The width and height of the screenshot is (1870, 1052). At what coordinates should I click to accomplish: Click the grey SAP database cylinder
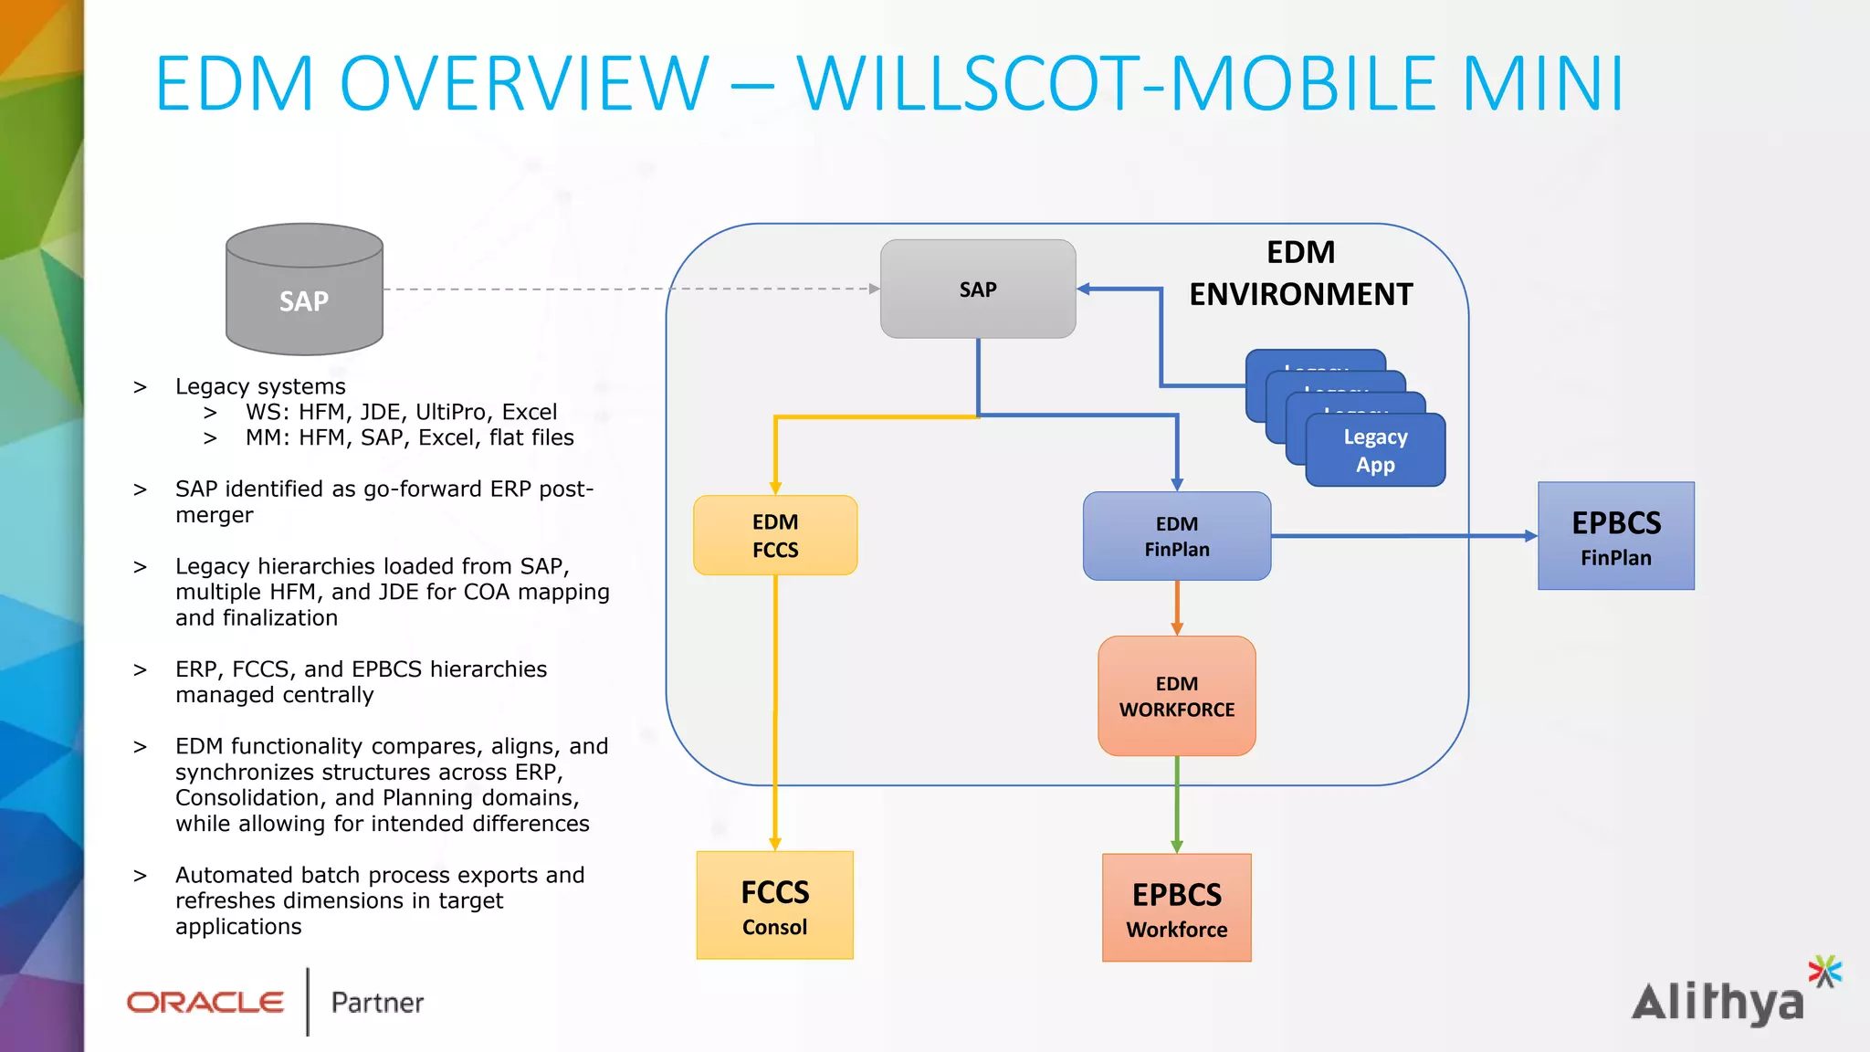pyautogui.click(x=304, y=290)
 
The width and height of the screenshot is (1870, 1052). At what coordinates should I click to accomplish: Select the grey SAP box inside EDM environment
pyautogui.click(x=977, y=289)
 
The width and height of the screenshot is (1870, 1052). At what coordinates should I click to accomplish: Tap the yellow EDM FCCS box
pyautogui.click(x=775, y=535)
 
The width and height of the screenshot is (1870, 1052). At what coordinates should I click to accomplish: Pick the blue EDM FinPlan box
pyautogui.click(x=1176, y=536)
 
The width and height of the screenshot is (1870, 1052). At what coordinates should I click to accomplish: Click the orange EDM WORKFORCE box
pyautogui.click(x=1176, y=696)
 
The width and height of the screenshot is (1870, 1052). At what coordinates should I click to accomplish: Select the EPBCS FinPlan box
pyautogui.click(x=1615, y=536)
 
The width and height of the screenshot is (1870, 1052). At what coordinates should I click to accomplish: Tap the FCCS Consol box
pyautogui.click(x=774, y=906)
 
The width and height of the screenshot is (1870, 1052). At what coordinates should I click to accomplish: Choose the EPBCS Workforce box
pyautogui.click(x=1176, y=908)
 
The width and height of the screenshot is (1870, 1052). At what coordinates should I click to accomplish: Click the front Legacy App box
pyautogui.click(x=1375, y=450)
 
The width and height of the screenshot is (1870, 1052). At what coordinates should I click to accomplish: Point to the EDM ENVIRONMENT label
pyautogui.click(x=1300, y=273)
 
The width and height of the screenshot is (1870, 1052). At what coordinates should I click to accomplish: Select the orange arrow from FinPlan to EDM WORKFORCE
pyautogui.click(x=1177, y=607)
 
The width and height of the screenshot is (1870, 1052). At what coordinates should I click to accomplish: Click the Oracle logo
pyautogui.click(x=205, y=1003)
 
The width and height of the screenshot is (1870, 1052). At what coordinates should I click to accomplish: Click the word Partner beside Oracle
pyautogui.click(x=377, y=1003)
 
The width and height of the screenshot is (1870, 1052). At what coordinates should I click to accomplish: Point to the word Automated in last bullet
pyautogui.click(x=234, y=875)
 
